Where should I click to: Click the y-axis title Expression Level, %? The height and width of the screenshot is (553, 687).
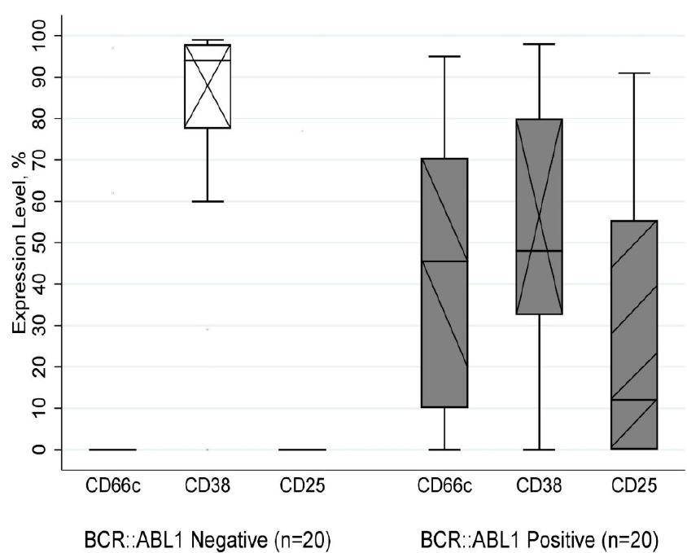click(19, 243)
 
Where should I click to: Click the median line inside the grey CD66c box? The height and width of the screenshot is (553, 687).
click(444, 261)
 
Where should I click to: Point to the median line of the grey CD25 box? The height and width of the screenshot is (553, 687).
click(633, 400)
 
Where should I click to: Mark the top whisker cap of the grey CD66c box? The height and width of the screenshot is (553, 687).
click(444, 56)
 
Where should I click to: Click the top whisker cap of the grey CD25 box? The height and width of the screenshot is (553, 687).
click(633, 73)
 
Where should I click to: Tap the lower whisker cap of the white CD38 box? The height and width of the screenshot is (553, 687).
click(208, 201)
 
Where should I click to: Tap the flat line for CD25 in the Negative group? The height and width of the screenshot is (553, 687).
click(302, 450)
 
